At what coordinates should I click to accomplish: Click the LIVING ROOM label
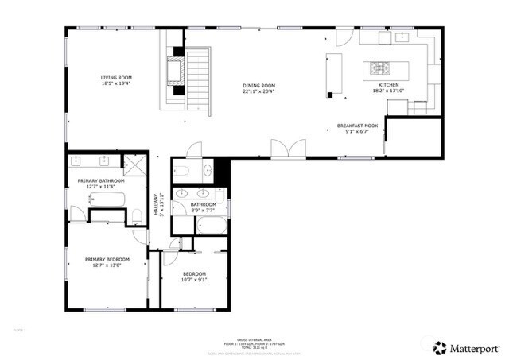coord(115,78)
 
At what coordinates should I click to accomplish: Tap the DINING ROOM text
coord(258,86)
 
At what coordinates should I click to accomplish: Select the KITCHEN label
coord(388,84)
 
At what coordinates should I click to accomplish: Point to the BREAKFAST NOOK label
coord(357,126)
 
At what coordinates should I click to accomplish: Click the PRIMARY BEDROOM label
coord(107,259)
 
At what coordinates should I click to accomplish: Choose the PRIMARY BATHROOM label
coord(101,181)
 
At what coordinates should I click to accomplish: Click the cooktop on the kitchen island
coord(375,67)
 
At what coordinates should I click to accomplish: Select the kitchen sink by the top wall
coord(402,36)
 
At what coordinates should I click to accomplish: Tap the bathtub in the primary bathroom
coord(107,200)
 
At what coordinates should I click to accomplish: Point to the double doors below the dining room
coord(288,149)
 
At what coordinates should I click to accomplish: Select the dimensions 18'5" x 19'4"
coord(115,83)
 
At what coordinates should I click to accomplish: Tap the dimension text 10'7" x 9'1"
coord(194,279)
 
